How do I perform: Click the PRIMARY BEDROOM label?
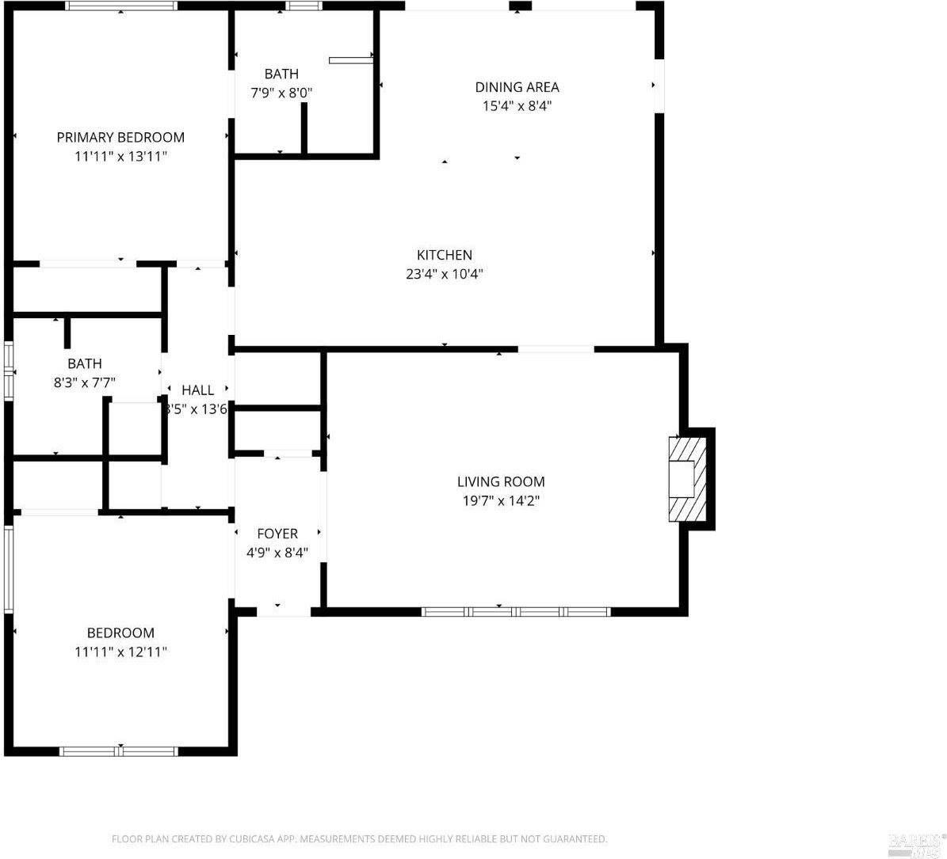(x=120, y=137)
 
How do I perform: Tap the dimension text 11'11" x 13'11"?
(x=120, y=156)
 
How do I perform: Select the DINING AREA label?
(x=517, y=87)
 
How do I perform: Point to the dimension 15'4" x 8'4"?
(x=517, y=105)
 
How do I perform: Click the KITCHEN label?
(x=444, y=255)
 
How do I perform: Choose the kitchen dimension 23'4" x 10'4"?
(x=444, y=274)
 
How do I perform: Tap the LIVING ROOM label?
(x=501, y=481)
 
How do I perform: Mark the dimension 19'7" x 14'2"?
(x=501, y=500)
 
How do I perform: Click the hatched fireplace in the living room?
(x=686, y=478)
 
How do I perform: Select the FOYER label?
(x=277, y=534)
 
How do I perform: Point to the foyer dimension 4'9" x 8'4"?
(x=277, y=553)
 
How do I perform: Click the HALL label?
(x=197, y=390)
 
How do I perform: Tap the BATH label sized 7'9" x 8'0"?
(x=281, y=74)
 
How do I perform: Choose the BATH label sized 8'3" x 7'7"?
(x=84, y=363)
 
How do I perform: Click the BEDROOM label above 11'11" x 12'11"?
(x=120, y=633)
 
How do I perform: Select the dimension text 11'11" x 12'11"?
(x=120, y=652)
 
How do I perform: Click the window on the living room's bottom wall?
(x=515, y=611)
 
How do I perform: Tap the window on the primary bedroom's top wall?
(x=120, y=6)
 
